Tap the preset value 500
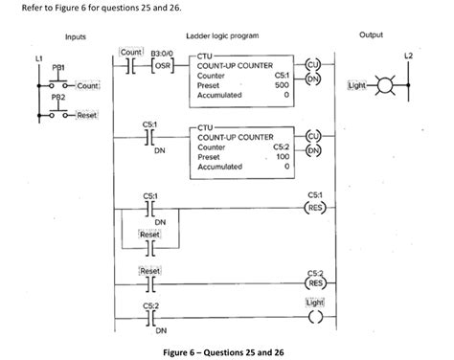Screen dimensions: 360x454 (283, 84)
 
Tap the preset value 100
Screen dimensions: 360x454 (283, 156)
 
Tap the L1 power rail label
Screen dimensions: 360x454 (39, 59)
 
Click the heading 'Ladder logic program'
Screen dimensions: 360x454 (226, 35)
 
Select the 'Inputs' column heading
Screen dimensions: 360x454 (75, 35)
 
